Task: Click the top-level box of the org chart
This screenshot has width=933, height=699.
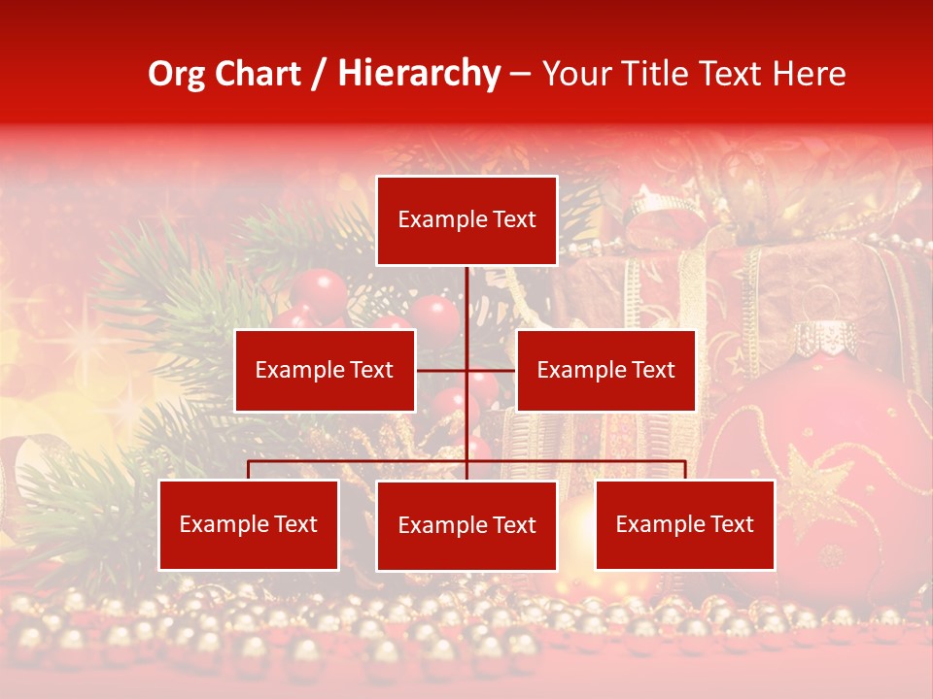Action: (466, 220)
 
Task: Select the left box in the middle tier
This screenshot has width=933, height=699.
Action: (325, 370)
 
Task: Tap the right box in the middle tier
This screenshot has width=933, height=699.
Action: (605, 370)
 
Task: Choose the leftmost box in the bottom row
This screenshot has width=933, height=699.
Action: (249, 524)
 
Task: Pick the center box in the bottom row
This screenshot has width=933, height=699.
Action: (466, 525)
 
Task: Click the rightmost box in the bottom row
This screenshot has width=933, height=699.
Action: (684, 524)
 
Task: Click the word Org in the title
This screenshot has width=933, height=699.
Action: (176, 74)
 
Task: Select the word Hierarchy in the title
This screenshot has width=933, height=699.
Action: (418, 74)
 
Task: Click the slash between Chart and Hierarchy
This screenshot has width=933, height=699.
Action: (317, 74)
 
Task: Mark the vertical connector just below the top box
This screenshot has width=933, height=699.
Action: (466, 291)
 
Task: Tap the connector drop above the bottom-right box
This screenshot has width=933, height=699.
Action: (684, 470)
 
